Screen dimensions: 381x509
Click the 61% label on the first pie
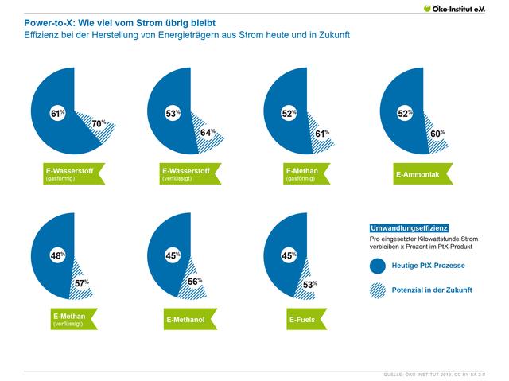point(56,112)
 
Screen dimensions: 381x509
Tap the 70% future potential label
point(97,124)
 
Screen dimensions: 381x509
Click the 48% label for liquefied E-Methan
point(56,257)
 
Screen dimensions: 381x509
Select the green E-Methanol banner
point(188,320)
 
